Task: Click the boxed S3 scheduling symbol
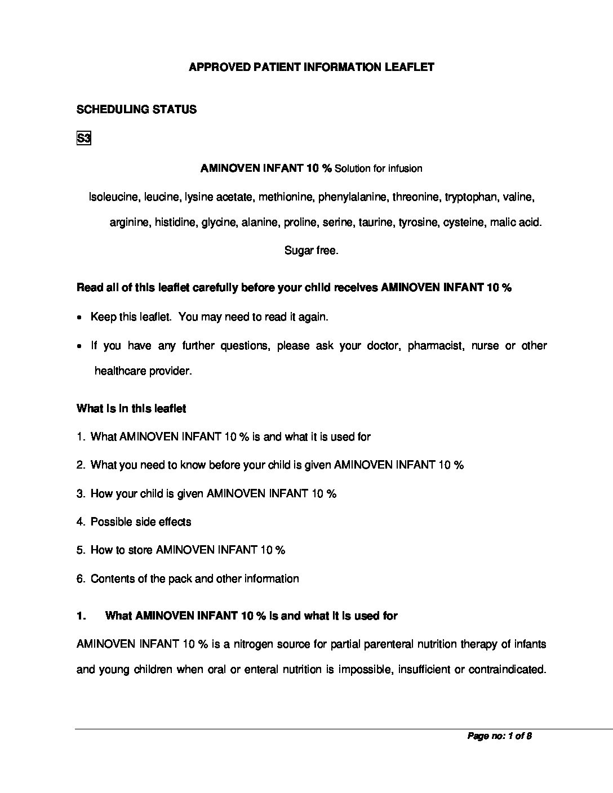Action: point(83,138)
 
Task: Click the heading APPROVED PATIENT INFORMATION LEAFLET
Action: point(311,67)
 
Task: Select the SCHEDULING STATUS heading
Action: point(136,109)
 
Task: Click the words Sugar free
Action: point(311,251)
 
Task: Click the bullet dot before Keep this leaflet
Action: point(79,318)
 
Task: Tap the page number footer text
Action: point(500,736)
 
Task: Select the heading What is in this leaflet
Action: point(131,408)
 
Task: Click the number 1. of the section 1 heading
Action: point(81,616)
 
